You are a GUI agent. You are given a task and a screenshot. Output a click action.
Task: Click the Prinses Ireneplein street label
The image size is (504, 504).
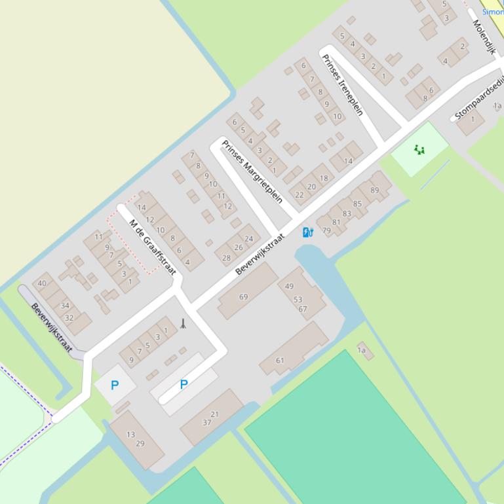point(342,84)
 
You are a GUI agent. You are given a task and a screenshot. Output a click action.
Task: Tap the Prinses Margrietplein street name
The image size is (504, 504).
point(252,171)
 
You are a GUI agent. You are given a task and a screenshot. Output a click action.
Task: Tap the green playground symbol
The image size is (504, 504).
point(419,149)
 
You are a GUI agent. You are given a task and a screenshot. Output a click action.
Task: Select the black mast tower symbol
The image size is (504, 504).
point(183,323)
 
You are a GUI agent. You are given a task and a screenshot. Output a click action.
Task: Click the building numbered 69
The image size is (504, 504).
point(244,297)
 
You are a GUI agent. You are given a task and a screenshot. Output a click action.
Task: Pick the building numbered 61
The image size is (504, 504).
point(281,360)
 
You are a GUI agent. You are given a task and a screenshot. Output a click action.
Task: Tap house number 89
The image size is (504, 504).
point(375,190)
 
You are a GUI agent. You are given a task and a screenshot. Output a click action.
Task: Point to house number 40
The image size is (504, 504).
point(42,283)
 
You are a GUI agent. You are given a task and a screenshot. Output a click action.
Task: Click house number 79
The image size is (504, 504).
point(326,231)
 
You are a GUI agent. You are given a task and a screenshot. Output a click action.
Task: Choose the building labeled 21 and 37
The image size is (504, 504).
point(211,418)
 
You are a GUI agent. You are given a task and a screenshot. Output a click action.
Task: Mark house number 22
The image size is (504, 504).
point(300,194)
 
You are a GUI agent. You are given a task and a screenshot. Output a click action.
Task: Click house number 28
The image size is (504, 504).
point(226,258)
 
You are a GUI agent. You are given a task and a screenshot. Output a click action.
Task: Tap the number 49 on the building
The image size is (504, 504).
point(290,287)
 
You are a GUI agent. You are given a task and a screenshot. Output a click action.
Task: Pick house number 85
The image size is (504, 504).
point(357,204)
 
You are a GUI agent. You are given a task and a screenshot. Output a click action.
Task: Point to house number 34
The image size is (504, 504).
point(65,306)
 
